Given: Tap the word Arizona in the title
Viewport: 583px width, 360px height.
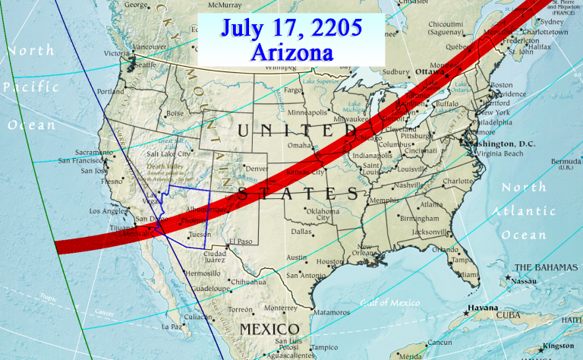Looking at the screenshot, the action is click(x=291, y=53).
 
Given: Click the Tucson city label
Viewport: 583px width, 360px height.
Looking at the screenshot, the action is click(x=200, y=235).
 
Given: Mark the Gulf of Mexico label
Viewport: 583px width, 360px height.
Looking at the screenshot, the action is click(x=390, y=303).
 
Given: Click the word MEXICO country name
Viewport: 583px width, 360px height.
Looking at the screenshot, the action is click(x=269, y=329).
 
